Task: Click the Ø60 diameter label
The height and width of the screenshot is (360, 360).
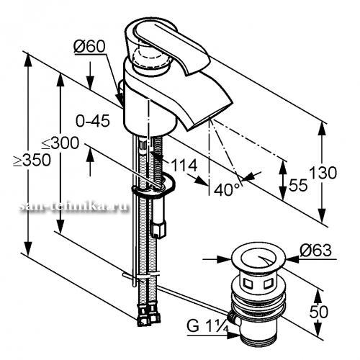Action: tap(89, 46)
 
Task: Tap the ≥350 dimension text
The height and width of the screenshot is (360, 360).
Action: tap(32, 160)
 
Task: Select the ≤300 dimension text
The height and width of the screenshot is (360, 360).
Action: tap(60, 143)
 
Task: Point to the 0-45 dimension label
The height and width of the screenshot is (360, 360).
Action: tap(93, 121)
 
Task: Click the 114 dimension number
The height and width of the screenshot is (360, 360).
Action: tap(185, 166)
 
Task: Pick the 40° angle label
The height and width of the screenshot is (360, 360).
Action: tap(227, 190)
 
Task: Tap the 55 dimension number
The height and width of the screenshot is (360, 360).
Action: tap(298, 185)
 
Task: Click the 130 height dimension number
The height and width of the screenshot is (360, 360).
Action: tap(323, 173)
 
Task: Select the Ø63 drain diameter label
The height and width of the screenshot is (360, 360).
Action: tap(315, 251)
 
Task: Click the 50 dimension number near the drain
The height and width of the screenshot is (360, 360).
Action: tap(319, 312)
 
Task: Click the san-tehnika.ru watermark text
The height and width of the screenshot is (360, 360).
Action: tap(73, 207)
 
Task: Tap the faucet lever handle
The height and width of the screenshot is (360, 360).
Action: tap(168, 45)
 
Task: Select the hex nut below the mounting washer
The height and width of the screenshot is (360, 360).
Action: tap(158, 230)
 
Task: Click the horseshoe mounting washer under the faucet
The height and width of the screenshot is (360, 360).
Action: tap(153, 185)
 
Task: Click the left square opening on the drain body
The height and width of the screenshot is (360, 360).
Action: tap(248, 284)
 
